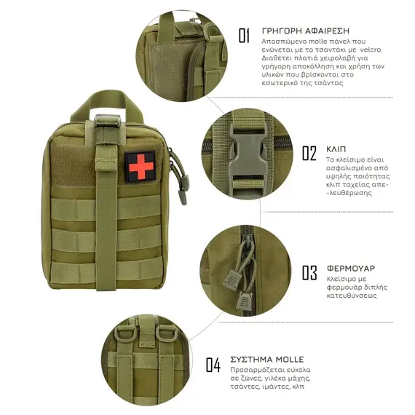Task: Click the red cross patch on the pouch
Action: [x=141, y=167]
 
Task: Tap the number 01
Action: [x=244, y=36]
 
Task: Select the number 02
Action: [x=309, y=153]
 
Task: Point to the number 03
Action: [x=309, y=272]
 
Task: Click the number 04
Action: [x=213, y=365]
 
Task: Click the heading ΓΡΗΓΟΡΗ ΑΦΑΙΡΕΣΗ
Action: [x=306, y=31]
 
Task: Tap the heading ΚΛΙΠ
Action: [x=336, y=149]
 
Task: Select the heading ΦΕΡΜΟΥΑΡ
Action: [x=351, y=269]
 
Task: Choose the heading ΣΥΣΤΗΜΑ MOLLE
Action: [x=267, y=360]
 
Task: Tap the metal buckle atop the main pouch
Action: [x=108, y=121]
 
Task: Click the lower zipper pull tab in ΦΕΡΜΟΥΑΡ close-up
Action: [x=243, y=301]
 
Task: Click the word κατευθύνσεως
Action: [x=352, y=296]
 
